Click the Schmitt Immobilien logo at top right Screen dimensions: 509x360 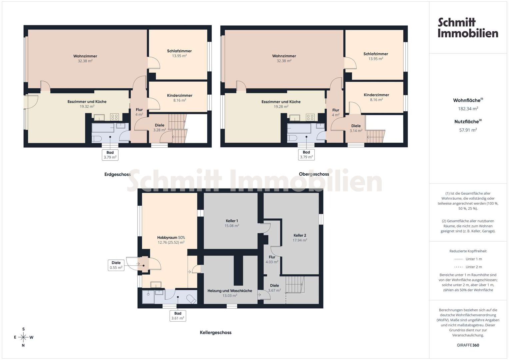coord(468,28)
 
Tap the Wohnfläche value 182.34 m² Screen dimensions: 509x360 coord(468,109)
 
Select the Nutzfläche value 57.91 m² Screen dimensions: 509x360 coord(468,130)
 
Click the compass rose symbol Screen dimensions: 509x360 coord(23,337)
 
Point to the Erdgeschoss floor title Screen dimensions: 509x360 coord(117,174)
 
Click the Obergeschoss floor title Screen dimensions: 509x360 coord(314,174)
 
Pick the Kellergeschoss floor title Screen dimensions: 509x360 coord(216,333)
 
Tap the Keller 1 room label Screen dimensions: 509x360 coord(232,221)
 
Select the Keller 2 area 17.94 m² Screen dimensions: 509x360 coord(300,240)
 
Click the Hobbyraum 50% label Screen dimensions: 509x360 coord(171,237)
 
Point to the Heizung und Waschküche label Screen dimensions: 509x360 coord(230,291)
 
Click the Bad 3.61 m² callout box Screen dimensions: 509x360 coord(178,316)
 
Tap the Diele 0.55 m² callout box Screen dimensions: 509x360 coord(116,265)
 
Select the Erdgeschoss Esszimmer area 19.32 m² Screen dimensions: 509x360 coord(87,106)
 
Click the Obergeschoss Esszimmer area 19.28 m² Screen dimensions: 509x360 coord(281,106)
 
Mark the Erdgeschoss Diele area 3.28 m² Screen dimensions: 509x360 coord(160,130)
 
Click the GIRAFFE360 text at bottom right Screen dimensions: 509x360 coord(468,345)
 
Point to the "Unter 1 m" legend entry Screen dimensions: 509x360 coord(468,259)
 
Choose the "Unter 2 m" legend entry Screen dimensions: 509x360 coord(468,267)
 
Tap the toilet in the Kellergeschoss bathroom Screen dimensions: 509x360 coord(191,299)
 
